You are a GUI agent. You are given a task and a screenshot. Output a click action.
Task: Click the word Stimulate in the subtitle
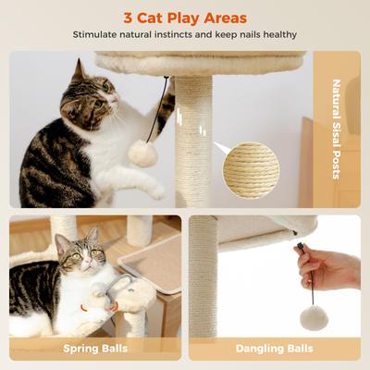(x=103, y=36)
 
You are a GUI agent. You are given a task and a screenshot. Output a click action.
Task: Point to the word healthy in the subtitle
(x=277, y=36)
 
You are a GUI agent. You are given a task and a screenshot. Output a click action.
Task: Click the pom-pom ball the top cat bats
(x=142, y=153)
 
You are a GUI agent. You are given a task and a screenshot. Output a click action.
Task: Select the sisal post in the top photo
(x=193, y=139)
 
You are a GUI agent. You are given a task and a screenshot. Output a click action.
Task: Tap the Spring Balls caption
(x=95, y=349)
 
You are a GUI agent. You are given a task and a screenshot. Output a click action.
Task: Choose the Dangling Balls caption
(x=275, y=349)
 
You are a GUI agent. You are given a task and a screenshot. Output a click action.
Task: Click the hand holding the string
(x=327, y=268)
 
